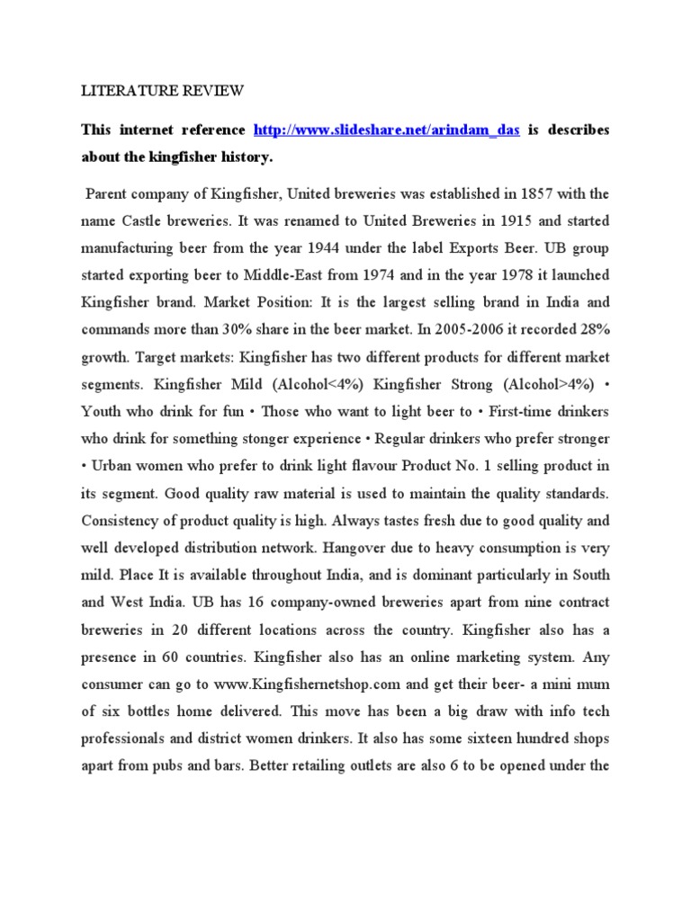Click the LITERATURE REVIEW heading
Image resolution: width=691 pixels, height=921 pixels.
(162, 91)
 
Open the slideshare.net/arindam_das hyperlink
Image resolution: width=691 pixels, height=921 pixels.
(387, 130)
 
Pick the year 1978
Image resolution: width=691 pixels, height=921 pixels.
(511, 273)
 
